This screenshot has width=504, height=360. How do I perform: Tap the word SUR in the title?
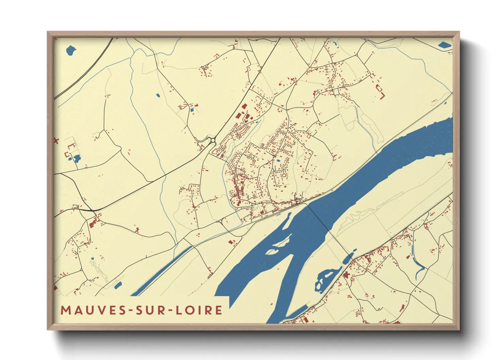(x=150, y=310)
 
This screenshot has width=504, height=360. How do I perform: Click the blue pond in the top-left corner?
(x=70, y=50)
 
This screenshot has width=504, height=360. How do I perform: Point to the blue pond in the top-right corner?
(x=444, y=45)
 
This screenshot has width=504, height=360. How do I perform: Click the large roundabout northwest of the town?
(x=213, y=140)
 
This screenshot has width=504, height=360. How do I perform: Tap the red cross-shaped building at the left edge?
(x=56, y=140)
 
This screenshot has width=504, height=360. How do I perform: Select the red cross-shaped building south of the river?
(x=347, y=275)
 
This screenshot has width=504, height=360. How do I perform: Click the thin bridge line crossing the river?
(x=317, y=218)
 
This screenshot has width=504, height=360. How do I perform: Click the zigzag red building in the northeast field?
(x=380, y=91)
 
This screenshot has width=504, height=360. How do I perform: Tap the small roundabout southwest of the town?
(x=221, y=221)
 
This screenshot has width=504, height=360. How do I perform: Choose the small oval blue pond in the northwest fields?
(x=157, y=95)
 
